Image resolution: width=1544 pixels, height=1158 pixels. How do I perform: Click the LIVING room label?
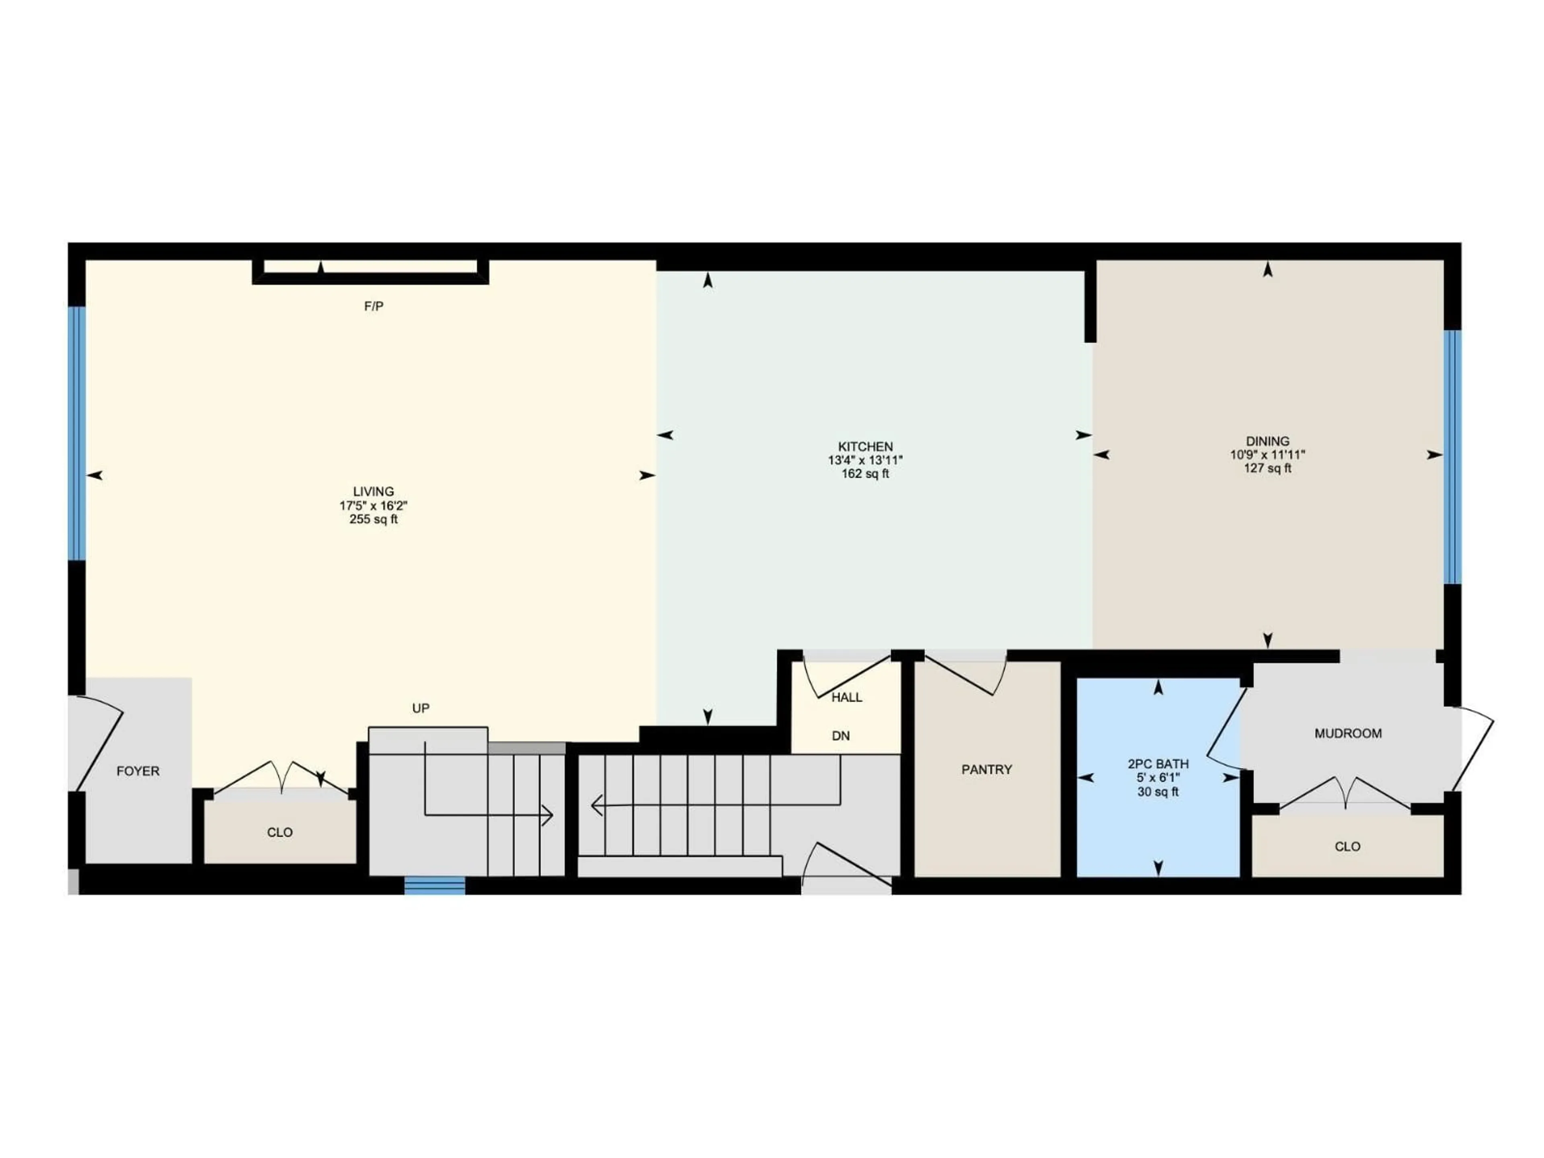tap(374, 491)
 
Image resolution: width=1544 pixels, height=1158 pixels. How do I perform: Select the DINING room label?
tap(1268, 441)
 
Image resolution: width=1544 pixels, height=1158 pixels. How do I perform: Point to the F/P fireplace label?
tap(374, 306)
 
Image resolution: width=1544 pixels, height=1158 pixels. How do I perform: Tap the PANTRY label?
tap(986, 769)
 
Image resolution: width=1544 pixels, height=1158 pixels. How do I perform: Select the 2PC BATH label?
tap(1158, 764)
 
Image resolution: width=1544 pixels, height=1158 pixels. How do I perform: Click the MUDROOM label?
tap(1348, 733)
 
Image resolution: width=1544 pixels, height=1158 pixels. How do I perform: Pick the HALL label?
tap(847, 697)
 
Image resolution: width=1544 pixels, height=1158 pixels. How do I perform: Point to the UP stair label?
tap(420, 708)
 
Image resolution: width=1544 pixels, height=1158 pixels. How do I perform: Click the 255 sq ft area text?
tap(374, 519)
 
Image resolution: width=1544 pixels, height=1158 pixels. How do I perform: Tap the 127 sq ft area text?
tap(1268, 468)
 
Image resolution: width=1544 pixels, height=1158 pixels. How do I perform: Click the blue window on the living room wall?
tap(77, 433)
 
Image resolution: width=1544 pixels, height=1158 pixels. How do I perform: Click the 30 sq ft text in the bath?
tap(1158, 792)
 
